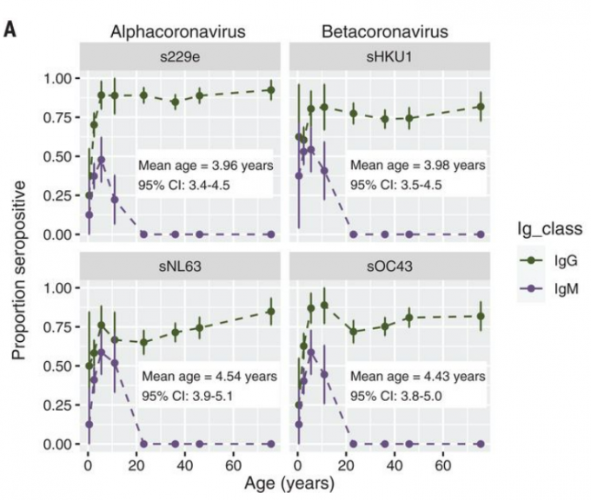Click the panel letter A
pos(11,30)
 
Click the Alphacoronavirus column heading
pos(177,32)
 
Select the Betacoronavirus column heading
pos(384,32)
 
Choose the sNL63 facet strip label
pos(182,266)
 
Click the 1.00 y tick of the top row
pos(60,79)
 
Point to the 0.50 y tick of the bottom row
pos(60,366)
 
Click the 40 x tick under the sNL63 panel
pos(184,461)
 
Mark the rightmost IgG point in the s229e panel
pos(270,90)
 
